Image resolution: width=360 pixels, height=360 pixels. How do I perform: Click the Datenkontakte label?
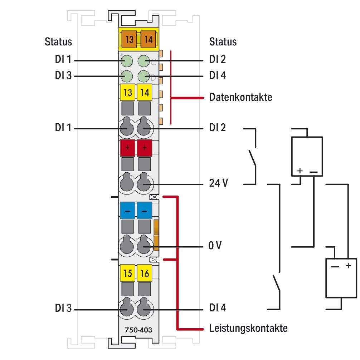coord(240,97)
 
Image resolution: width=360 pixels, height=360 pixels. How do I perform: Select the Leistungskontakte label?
coord(248,328)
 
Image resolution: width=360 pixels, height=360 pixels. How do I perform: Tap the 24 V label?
coord(218,184)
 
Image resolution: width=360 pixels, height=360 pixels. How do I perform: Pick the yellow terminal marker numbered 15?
coord(127,273)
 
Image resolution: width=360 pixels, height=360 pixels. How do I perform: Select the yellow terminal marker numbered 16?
coord(144,273)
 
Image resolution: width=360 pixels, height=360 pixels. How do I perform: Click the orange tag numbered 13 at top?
coord(129,39)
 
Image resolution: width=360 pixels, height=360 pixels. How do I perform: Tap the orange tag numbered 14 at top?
coord(148,39)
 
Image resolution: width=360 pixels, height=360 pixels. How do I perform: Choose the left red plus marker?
coord(127,148)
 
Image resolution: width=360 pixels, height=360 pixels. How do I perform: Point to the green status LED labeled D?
coord(144,76)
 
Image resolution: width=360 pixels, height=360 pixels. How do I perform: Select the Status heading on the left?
coord(58,41)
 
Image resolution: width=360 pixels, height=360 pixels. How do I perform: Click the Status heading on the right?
coord(223,41)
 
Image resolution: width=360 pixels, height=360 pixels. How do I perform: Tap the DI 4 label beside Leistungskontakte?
coord(217,309)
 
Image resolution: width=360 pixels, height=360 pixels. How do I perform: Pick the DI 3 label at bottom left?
coord(63,309)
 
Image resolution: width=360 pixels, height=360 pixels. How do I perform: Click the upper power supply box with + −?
coord(307,156)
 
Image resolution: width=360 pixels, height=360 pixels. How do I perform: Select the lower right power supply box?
coord(341,278)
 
